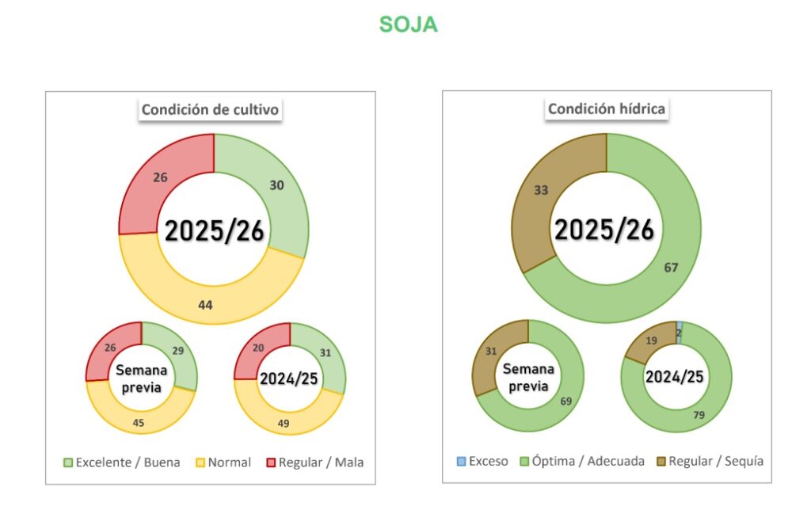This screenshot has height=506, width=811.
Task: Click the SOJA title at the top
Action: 408,25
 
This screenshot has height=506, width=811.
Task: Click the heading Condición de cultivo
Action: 210,110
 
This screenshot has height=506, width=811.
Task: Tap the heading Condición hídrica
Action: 606,109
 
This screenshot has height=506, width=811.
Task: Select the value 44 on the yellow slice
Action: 205,305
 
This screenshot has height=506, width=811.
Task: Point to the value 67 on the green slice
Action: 671,268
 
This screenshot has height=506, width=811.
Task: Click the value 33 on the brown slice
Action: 542,190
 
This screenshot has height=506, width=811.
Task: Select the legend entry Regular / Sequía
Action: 710,461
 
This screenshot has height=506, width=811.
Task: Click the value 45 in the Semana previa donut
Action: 139,424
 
